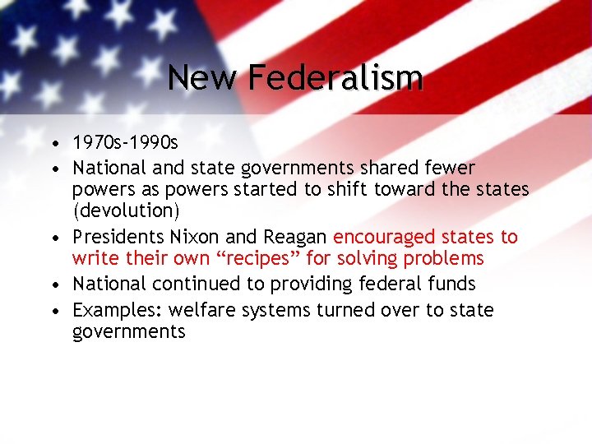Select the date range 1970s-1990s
point(125,144)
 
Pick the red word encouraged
point(383,238)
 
